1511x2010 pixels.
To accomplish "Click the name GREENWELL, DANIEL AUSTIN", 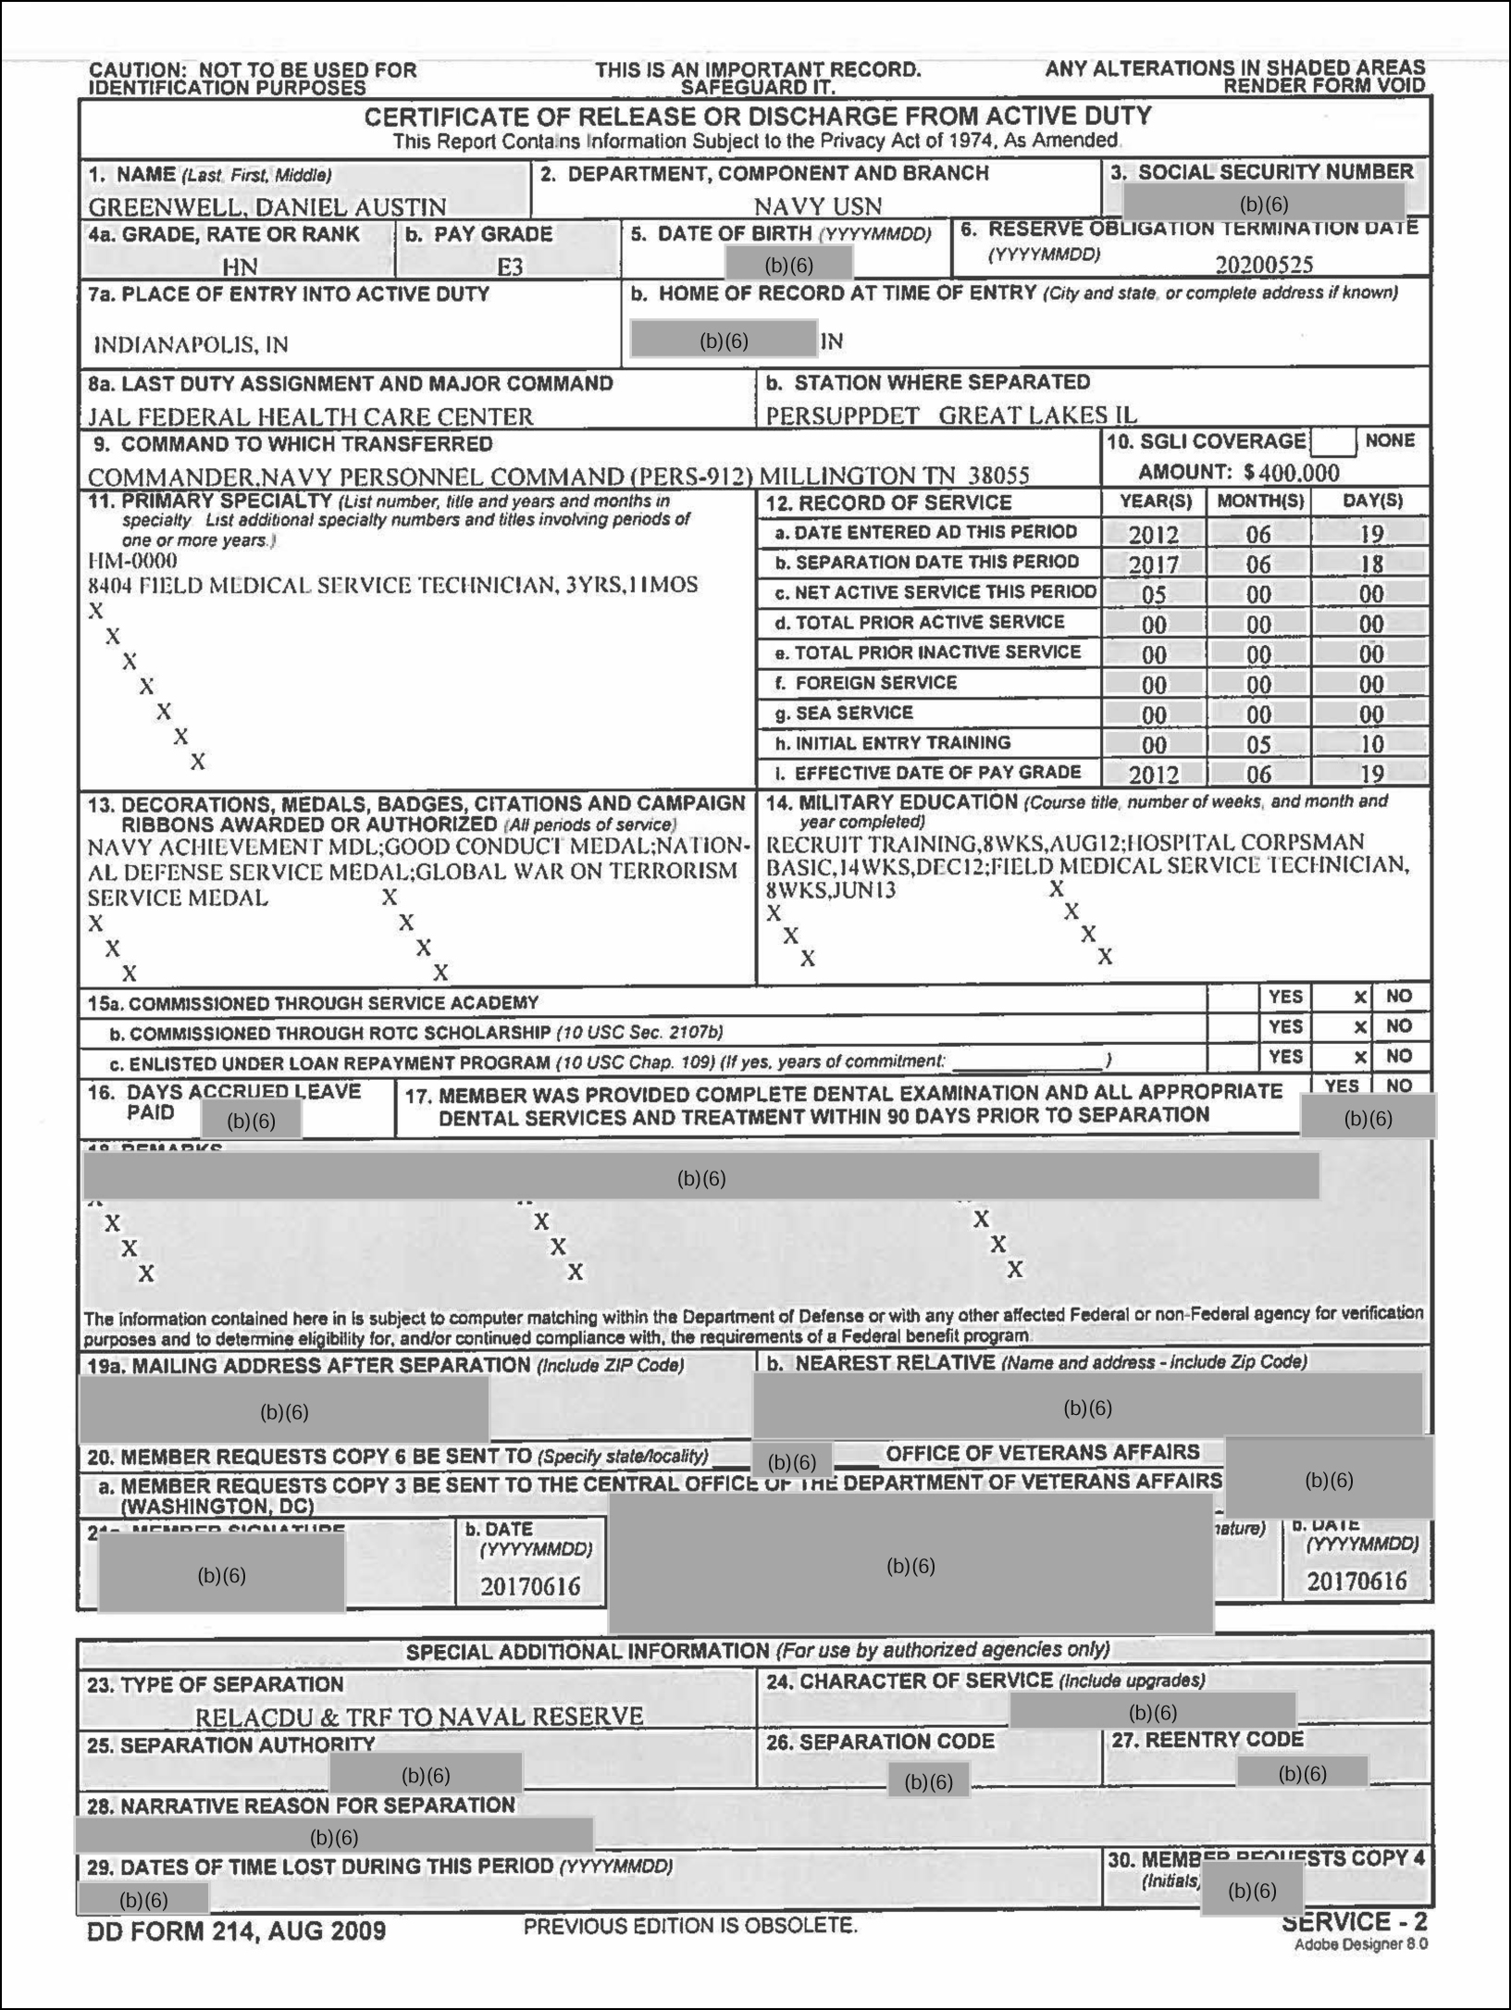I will [x=267, y=206].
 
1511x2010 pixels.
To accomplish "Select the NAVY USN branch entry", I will [x=817, y=205].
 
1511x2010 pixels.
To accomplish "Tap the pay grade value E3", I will [x=510, y=267].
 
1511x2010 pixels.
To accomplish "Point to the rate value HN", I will [x=240, y=267].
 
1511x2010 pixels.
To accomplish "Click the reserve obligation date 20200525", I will [x=1263, y=265].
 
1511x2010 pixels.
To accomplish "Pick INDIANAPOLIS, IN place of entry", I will [x=191, y=345].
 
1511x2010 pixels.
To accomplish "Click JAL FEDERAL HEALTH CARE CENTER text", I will [x=311, y=416].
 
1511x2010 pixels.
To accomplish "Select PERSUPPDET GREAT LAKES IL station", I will [x=950, y=416].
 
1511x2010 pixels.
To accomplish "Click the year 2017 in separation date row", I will [x=1153, y=565].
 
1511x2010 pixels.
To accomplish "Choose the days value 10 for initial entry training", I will [x=1371, y=745].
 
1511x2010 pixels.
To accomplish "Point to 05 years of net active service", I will [x=1153, y=594].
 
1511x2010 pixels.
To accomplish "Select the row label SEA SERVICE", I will [x=853, y=713].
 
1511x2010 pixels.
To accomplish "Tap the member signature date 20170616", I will [x=530, y=1586].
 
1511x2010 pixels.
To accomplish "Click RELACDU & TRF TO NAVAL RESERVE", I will [x=419, y=1717].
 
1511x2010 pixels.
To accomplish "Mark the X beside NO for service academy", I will [x=1359, y=998].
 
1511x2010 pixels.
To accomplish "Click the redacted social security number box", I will [x=1263, y=204].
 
